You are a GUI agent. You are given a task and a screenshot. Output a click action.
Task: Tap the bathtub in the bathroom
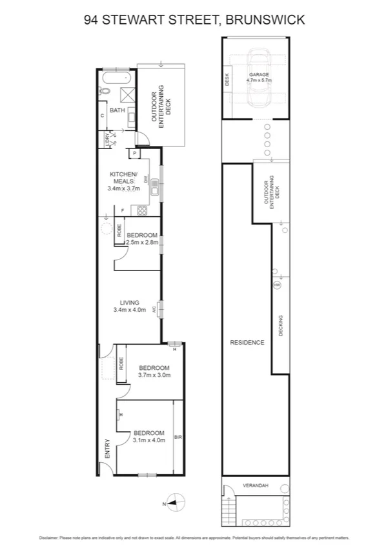[x=117, y=79]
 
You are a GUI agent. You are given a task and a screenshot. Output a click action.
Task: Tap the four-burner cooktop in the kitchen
[x=141, y=209]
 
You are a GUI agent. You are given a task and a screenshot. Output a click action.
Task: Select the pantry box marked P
[x=134, y=154]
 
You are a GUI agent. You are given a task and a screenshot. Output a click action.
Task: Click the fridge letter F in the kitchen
[x=123, y=210]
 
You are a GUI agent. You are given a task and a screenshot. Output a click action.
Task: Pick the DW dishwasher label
[x=147, y=180]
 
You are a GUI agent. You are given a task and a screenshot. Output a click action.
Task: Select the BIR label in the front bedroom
[x=178, y=437]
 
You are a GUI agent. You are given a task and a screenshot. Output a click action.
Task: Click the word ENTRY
[x=107, y=450]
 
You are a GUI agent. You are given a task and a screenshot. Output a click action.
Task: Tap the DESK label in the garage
[x=227, y=80]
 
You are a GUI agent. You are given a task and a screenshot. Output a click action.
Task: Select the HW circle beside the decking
[x=277, y=285]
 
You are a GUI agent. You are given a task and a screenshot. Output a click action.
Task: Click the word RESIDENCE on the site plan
[x=247, y=343]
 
